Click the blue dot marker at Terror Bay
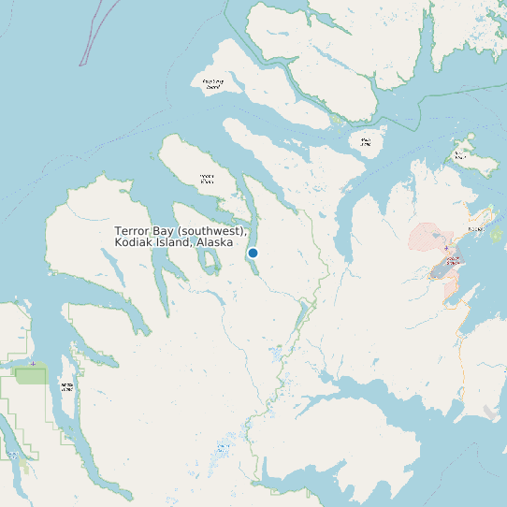[x=253, y=253]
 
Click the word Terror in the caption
[x=133, y=231]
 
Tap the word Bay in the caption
[x=167, y=231]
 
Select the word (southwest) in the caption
[x=214, y=231]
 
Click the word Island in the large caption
[x=177, y=242]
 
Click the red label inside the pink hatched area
[x=453, y=261]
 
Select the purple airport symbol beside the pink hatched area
[x=446, y=249]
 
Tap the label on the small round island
[x=366, y=142]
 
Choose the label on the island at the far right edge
[x=460, y=156]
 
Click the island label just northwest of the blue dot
[x=207, y=177]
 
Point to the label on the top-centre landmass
[x=213, y=84]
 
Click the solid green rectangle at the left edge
[x=31, y=376]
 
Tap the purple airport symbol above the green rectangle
[x=33, y=363]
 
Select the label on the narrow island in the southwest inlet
[x=66, y=387]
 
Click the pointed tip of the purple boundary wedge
[x=81, y=64]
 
